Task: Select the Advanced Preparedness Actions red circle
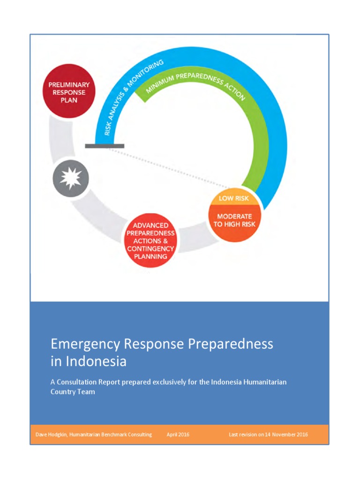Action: coord(150,240)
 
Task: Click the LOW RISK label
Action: coord(233,198)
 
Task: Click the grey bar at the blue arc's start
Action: coord(105,146)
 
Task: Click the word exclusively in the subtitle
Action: coord(181,382)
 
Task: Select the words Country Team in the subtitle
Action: coord(73,392)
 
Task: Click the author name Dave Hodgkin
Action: coord(51,435)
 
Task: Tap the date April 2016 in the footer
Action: coord(178,435)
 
